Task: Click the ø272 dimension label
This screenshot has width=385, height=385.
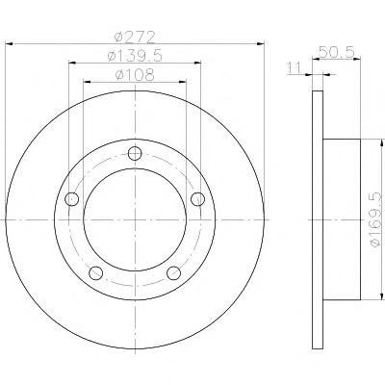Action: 135,37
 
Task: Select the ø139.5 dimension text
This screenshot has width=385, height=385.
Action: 135,56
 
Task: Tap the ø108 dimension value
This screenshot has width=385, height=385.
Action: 135,75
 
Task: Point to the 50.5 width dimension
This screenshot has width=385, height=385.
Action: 337,52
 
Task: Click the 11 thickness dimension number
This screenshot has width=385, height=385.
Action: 295,67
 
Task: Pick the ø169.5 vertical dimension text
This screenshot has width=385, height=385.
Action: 377,219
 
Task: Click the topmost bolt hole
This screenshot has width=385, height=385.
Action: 135,153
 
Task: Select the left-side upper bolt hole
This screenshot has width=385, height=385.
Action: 71,199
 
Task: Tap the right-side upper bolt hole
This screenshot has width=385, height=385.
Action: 197,199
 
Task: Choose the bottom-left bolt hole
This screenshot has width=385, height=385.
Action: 95,273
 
